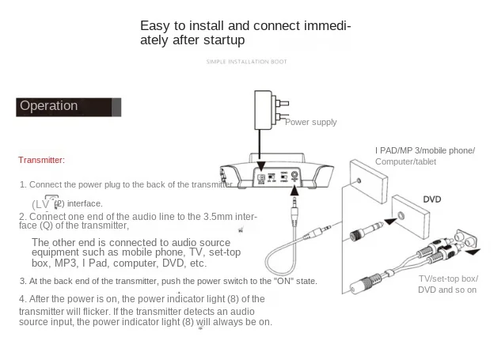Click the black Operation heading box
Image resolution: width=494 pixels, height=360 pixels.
pyautogui.click(x=68, y=107)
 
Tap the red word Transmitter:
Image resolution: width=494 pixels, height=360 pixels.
pyautogui.click(x=41, y=160)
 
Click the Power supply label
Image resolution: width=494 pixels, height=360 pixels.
pyautogui.click(x=310, y=122)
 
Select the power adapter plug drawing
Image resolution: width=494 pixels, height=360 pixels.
pyautogui.click(x=267, y=110)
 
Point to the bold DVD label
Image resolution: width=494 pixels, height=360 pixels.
pyautogui.click(x=431, y=199)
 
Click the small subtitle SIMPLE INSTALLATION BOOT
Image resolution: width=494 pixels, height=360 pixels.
pyautogui.click(x=246, y=62)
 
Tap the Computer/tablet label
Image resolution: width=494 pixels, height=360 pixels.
pyautogui.click(x=405, y=162)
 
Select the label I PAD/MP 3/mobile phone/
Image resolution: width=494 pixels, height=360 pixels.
pyautogui.click(x=424, y=150)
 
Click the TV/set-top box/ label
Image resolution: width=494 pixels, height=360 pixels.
pyautogui.click(x=447, y=279)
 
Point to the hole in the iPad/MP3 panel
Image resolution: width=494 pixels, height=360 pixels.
pyautogui.click(x=361, y=181)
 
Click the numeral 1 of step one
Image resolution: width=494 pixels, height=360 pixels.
pyautogui.click(x=23, y=184)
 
